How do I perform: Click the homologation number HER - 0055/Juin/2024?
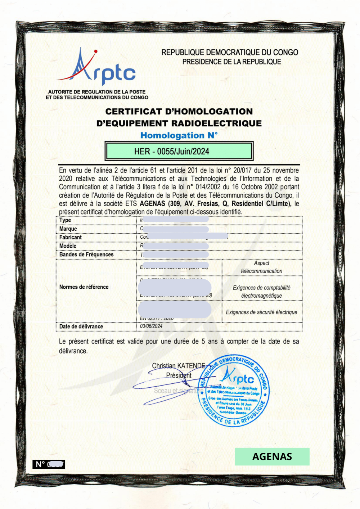click(172, 151)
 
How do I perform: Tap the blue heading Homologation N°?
click(179, 135)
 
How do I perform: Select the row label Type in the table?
click(65, 220)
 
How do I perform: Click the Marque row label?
click(68, 229)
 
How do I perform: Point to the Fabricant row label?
click(71, 238)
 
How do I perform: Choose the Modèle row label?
click(68, 246)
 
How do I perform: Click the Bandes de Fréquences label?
click(86, 254)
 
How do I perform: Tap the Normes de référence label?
click(84, 287)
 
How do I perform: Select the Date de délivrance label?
click(81, 326)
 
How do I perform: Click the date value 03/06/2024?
click(151, 326)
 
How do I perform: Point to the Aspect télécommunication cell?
click(262, 267)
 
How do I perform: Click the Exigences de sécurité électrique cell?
click(262, 312)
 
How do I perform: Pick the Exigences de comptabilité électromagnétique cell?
click(262, 292)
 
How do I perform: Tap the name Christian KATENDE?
click(179, 366)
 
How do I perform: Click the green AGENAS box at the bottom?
click(272, 456)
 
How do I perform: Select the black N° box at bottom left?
click(49, 464)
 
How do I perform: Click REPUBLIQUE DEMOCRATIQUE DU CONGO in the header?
click(230, 53)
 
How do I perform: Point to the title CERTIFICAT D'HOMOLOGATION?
click(179, 112)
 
